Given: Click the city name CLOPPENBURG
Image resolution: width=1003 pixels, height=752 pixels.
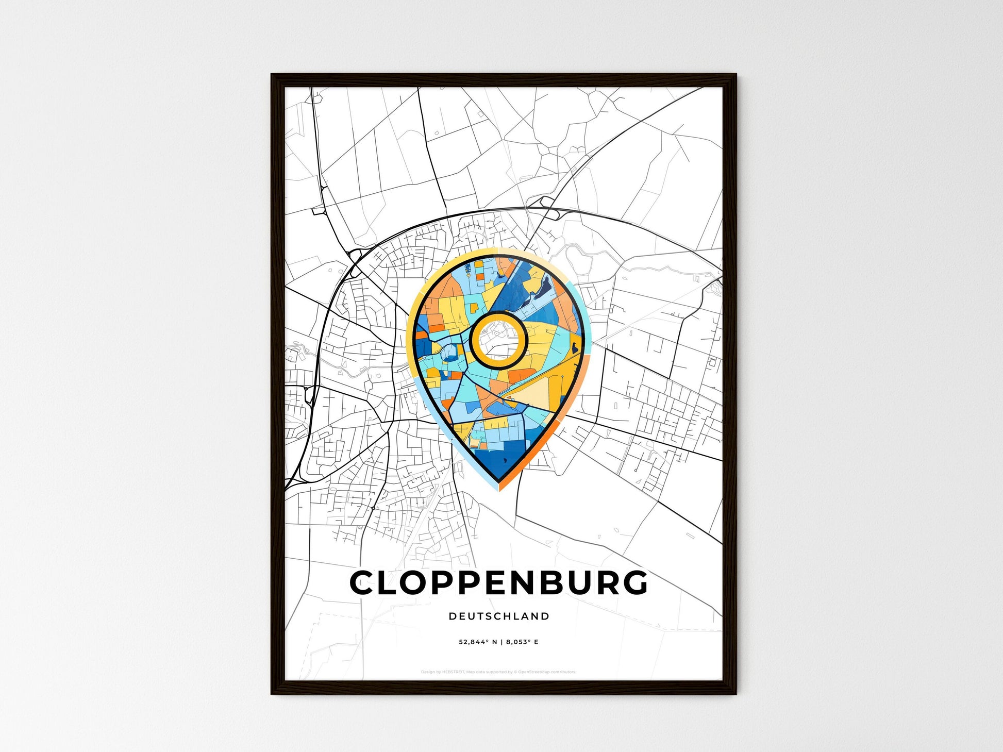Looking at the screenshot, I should [x=498, y=583].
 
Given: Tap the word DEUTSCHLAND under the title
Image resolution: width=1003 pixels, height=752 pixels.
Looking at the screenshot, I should [x=499, y=616].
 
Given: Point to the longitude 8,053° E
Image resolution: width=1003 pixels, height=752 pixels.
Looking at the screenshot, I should [x=522, y=642].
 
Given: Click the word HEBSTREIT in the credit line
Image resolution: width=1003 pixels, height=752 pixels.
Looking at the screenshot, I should [x=454, y=672].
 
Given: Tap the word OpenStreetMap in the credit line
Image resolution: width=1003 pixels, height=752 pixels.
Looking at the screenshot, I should [x=533, y=672].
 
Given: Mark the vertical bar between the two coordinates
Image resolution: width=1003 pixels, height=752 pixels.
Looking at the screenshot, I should [x=501, y=642].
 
